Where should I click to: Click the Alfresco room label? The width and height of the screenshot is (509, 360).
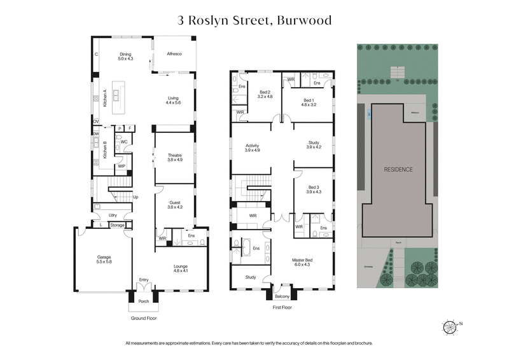pyautogui.click(x=174, y=55)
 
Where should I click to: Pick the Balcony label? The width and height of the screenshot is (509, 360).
pyautogui.click(x=282, y=297)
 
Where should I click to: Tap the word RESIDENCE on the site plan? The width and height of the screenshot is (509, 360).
pyautogui.click(x=398, y=170)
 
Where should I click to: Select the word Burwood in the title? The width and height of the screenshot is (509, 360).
pyautogui.click(x=301, y=20)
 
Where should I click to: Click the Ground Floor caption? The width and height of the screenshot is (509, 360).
pyautogui.click(x=143, y=318)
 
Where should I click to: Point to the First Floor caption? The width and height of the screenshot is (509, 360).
pyautogui.click(x=281, y=307)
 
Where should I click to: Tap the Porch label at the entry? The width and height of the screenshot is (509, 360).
pyautogui.click(x=143, y=302)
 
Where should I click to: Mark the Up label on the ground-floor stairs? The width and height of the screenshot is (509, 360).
pyautogui.click(x=135, y=197)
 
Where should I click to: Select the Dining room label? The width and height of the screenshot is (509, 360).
pyautogui.click(x=125, y=56)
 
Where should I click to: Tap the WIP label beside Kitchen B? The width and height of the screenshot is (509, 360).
pyautogui.click(x=120, y=166)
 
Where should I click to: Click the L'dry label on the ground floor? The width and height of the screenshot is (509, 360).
pyautogui.click(x=113, y=214)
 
